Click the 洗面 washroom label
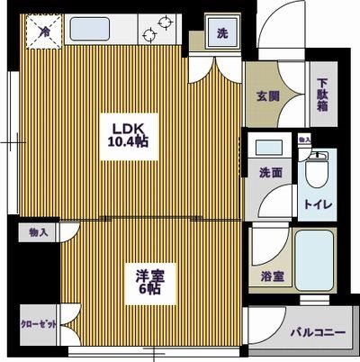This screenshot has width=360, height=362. click(271, 171)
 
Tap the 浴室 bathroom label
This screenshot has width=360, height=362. click(272, 277)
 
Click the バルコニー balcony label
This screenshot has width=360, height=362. click(317, 333)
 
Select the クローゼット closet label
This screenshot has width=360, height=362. click(38, 326)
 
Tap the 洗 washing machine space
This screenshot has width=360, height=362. click(220, 34)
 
